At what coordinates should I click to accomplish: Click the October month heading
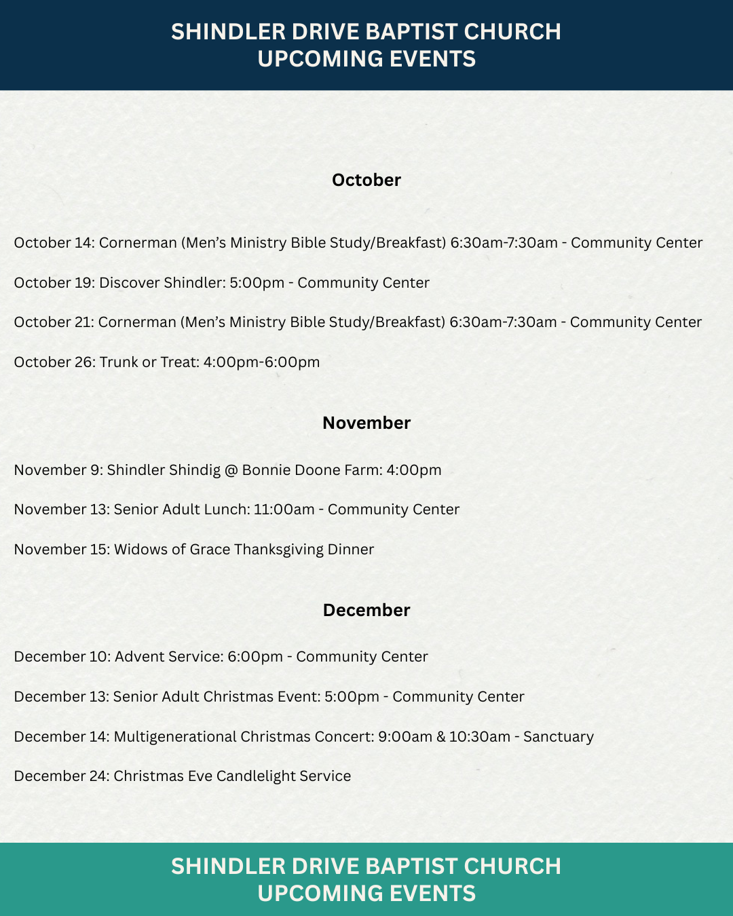coord(366,180)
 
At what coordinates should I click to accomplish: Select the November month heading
coord(366,423)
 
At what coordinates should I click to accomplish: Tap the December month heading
coord(366,610)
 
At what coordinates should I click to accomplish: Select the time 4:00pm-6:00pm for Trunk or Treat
coord(261,362)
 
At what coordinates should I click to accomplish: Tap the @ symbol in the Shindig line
coord(231,470)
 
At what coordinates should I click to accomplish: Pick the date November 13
coord(60,510)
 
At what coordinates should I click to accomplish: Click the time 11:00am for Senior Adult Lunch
coord(284,510)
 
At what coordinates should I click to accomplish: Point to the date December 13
coord(60,697)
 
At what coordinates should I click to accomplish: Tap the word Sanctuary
coord(559,737)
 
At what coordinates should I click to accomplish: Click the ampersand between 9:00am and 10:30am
coord(441,737)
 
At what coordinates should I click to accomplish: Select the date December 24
coord(60,776)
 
